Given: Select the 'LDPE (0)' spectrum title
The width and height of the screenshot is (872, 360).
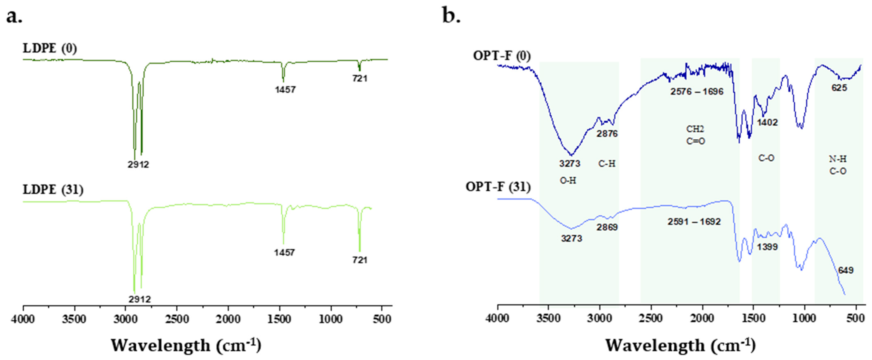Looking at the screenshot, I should pos(50,48).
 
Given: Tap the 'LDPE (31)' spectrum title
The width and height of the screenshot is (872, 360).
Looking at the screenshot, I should pos(53,190).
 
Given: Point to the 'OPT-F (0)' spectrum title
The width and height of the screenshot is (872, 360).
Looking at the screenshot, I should pos(502,55).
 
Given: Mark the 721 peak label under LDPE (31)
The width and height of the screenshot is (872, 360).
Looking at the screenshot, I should pos(360,260).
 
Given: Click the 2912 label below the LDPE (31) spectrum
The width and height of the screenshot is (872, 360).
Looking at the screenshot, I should pos(139,299).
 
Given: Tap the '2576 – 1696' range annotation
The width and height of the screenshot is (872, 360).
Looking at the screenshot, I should pos(697,91).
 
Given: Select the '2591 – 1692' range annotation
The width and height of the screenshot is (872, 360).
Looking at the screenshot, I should pos(694,222).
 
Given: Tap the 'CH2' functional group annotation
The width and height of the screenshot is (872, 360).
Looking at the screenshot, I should pos(695,129).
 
